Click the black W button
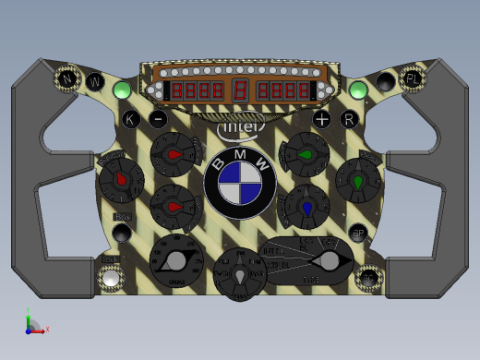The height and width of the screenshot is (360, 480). tap(96, 81)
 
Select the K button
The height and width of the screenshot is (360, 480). tap(131, 118)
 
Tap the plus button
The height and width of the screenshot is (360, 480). tap(321, 119)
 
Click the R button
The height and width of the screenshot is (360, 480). tap(348, 118)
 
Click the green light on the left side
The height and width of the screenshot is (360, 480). tap(121, 90)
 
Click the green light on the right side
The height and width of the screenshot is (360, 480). tap(358, 90)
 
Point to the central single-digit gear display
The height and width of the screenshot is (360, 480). tap(239, 91)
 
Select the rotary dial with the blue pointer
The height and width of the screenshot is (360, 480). tap(307, 206)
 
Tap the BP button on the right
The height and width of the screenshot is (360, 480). tap(358, 233)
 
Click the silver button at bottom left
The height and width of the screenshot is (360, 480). tap(111, 277)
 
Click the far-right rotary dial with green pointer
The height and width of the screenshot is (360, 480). tap(358, 180)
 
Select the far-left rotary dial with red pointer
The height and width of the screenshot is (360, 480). tap(119, 182)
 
